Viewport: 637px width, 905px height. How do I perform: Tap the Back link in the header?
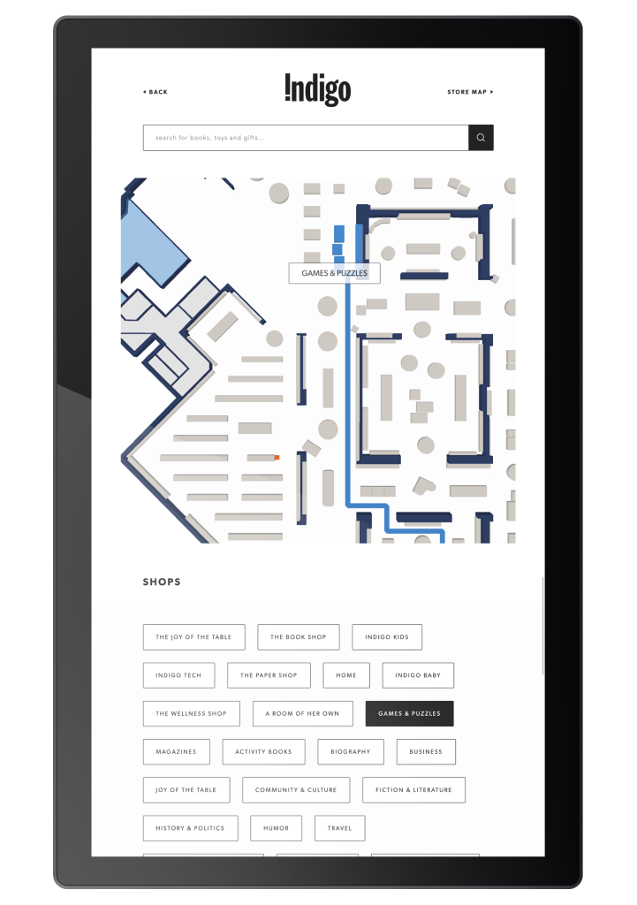pyautogui.click(x=155, y=92)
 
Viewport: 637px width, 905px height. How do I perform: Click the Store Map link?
pyautogui.click(x=470, y=92)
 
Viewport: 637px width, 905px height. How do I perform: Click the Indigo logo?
pyautogui.click(x=318, y=90)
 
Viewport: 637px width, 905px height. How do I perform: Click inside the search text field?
pyautogui.click(x=305, y=138)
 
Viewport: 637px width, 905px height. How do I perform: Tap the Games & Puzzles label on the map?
pyautogui.click(x=334, y=273)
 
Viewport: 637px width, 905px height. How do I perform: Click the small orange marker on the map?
pyautogui.click(x=277, y=458)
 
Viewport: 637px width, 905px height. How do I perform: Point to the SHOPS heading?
pyautogui.click(x=162, y=582)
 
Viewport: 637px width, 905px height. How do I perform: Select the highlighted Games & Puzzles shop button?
pyautogui.click(x=409, y=713)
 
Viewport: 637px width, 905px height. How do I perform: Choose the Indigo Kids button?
pyautogui.click(x=387, y=637)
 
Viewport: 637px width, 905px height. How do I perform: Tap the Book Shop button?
pyautogui.click(x=299, y=637)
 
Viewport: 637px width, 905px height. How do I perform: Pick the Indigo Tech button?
pyautogui.click(x=178, y=675)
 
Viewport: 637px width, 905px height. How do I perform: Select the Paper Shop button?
pyautogui.click(x=269, y=675)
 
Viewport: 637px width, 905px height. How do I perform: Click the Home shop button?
pyautogui.click(x=346, y=675)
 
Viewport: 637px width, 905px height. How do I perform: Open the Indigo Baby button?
pyautogui.click(x=418, y=675)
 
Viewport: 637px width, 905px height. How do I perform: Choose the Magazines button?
pyautogui.click(x=176, y=752)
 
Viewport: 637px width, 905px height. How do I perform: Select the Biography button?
pyautogui.click(x=351, y=752)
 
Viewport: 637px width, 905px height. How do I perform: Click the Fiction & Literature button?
pyautogui.click(x=413, y=790)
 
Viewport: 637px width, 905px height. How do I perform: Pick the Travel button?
pyautogui.click(x=339, y=828)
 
